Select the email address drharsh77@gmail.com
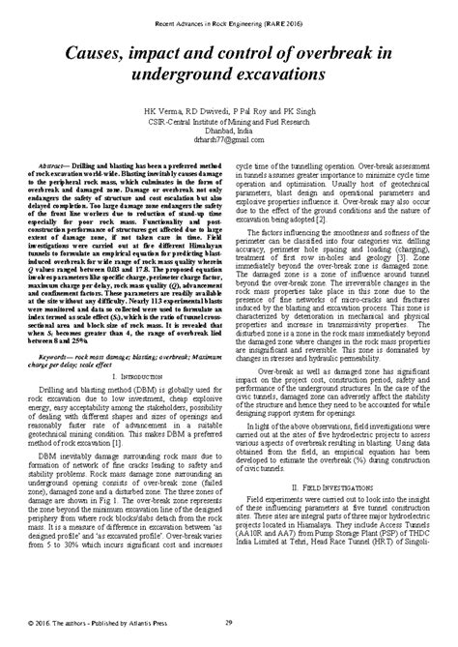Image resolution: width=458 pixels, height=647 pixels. coord(228,142)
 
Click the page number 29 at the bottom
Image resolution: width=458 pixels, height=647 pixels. coord(228,623)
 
